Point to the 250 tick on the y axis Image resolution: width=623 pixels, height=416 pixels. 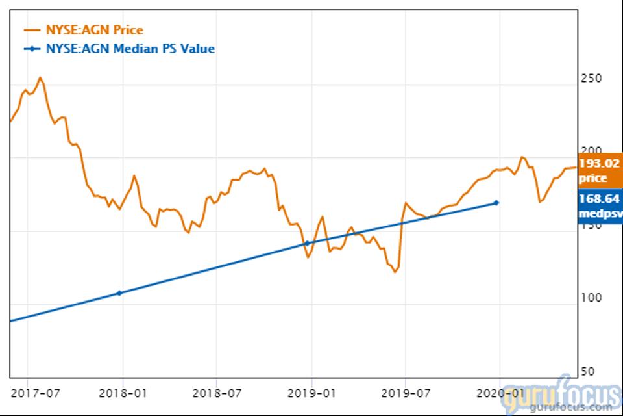coord(590,79)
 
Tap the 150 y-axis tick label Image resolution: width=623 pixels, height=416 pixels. coord(590,225)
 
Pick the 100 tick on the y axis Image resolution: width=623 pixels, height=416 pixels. coord(590,298)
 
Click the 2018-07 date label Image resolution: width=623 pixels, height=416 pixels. coord(217,393)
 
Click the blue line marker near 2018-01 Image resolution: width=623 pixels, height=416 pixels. coord(119,293)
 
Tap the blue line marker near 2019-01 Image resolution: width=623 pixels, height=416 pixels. coord(308,243)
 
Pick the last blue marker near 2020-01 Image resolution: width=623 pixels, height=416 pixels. coord(496,203)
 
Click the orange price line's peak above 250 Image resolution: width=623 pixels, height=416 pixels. coord(40,78)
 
